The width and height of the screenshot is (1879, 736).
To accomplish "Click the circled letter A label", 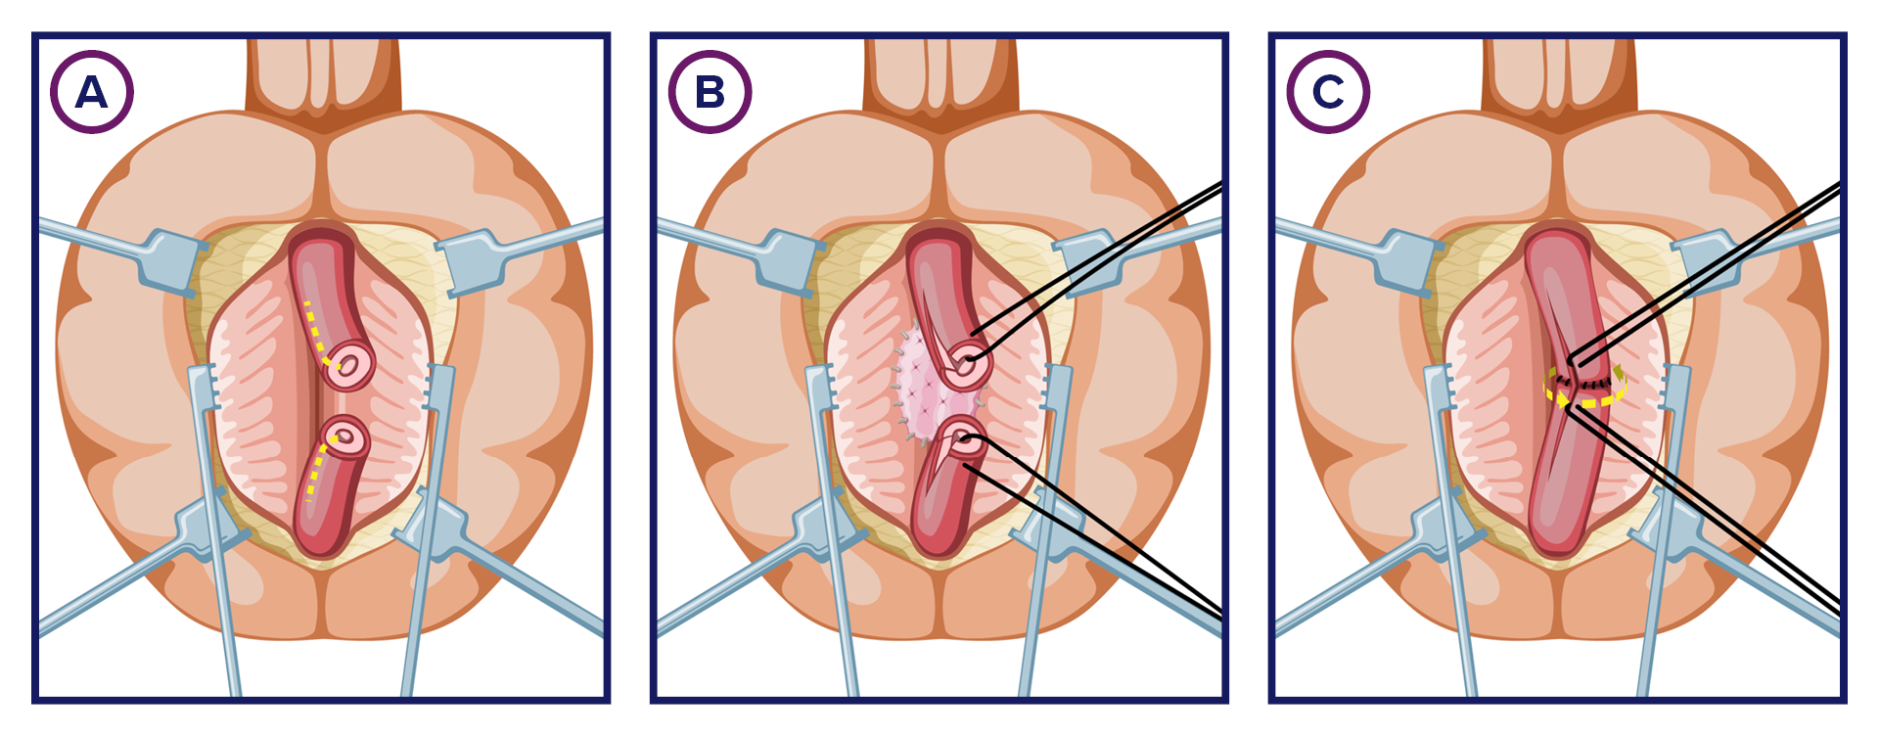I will [91, 92].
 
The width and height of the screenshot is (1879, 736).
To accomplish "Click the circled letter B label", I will [710, 92].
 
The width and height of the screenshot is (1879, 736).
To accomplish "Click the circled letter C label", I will [1328, 92].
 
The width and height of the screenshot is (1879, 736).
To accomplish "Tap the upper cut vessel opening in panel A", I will [348, 365].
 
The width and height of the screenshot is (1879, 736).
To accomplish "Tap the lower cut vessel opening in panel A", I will [345, 436].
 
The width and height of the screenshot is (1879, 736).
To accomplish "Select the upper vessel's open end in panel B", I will [967, 363].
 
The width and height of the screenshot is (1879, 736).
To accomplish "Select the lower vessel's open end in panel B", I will [964, 439].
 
